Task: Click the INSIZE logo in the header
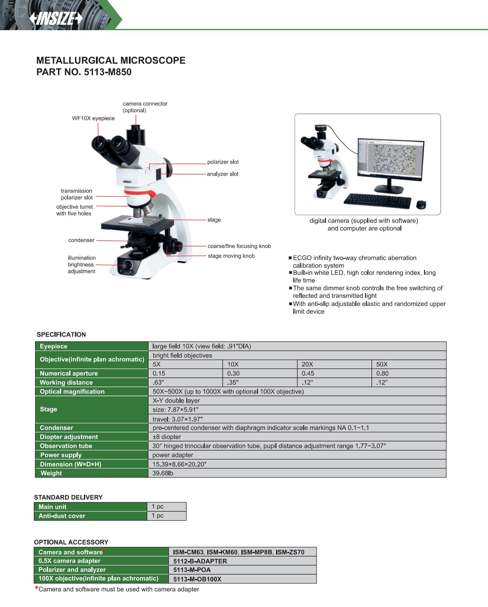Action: pos(56,19)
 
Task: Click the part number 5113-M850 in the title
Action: pos(108,72)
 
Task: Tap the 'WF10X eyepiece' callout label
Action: pos(93,119)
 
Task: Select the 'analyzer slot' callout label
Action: pos(222,174)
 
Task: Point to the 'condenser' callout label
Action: pos(81,240)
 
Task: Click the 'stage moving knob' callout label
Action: pos(231,256)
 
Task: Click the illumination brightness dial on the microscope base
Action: pos(128,264)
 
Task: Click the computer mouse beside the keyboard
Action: pos(421,204)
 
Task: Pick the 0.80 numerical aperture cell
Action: pos(382,374)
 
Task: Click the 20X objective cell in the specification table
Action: pos(307,364)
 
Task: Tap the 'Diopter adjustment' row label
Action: pos(69,437)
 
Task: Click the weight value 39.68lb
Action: pos(163,473)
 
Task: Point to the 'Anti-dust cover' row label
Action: pos(61,516)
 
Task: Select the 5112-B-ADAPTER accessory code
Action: pos(200,561)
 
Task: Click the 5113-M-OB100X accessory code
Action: pos(197,579)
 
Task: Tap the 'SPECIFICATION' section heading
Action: pos(61,335)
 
